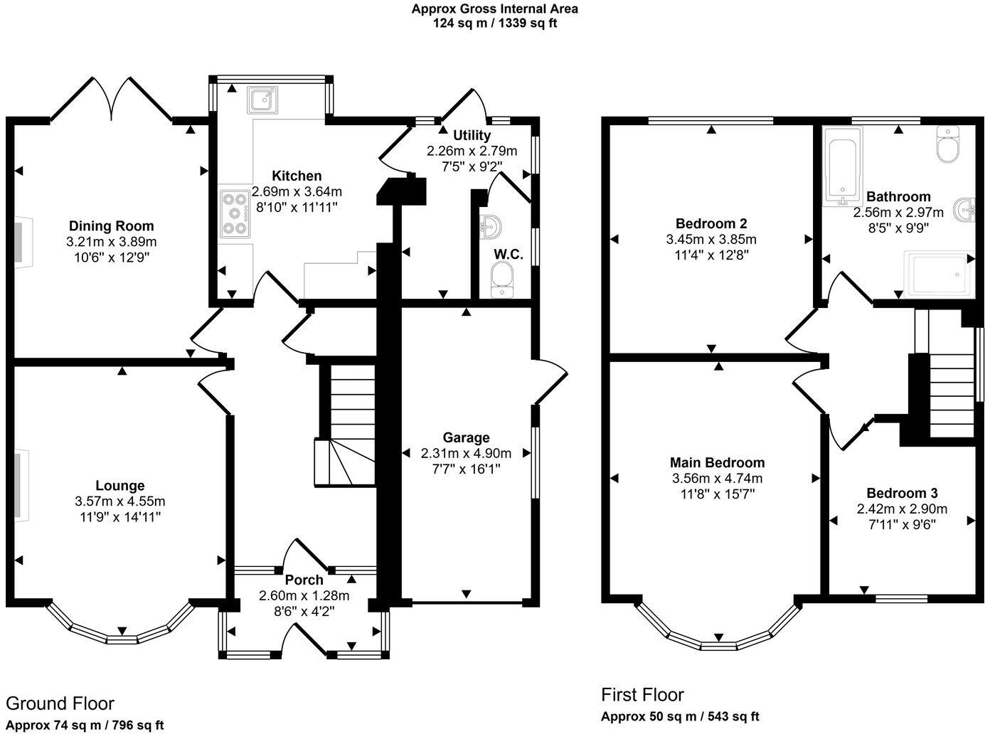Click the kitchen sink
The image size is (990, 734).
coord(262,100)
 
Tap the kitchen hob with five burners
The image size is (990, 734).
coord(235,215)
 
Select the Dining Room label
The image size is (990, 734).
coord(111,226)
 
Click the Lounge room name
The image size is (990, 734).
coord(120,486)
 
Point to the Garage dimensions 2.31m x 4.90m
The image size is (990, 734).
coord(466,454)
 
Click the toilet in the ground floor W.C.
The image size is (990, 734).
coord(501,279)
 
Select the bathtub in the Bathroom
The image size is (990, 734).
coord(843,167)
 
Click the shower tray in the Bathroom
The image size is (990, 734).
coord(939,274)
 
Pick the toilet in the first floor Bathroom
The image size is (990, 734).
coord(948,144)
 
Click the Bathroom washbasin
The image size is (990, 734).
coord(965,210)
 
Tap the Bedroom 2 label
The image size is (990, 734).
coord(711,223)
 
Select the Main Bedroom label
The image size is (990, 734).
coord(718,462)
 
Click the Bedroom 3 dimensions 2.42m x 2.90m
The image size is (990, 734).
coord(902,509)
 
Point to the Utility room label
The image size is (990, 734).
coord(472,135)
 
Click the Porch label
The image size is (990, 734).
coord(304,580)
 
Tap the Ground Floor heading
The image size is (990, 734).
coord(60,703)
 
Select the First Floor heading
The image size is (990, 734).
coord(642,695)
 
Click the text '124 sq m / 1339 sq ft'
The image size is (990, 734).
coord(494,23)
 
